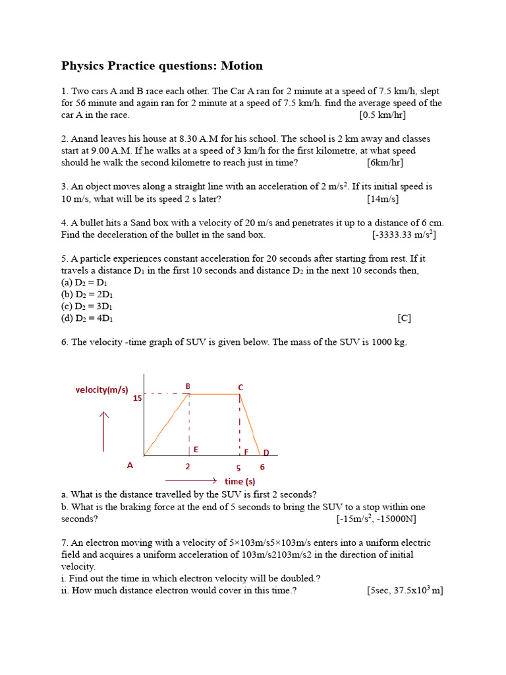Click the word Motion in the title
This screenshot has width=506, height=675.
pos(242,66)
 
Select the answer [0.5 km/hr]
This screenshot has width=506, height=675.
pos(382,115)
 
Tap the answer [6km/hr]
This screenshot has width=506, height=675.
pos(385,163)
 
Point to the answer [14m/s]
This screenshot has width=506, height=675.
pos(383,199)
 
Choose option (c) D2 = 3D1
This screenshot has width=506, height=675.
pos(87,306)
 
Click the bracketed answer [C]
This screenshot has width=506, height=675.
pos(405,318)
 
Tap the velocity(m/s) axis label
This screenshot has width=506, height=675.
pos(102,390)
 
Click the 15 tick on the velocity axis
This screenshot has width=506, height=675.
pos(138,398)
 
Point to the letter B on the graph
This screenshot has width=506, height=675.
pos(188,386)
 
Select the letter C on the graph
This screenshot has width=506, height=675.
pos(240,388)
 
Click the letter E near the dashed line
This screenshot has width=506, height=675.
pos(196,450)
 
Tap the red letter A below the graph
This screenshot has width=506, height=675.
pos(130,465)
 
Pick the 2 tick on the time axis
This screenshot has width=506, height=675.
pos(188,467)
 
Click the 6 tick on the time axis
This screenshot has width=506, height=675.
pos(262,467)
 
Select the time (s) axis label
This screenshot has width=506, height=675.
pos(240,481)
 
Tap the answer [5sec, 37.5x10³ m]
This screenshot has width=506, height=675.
pos(405,591)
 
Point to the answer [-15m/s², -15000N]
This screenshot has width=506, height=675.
pos(376,519)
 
